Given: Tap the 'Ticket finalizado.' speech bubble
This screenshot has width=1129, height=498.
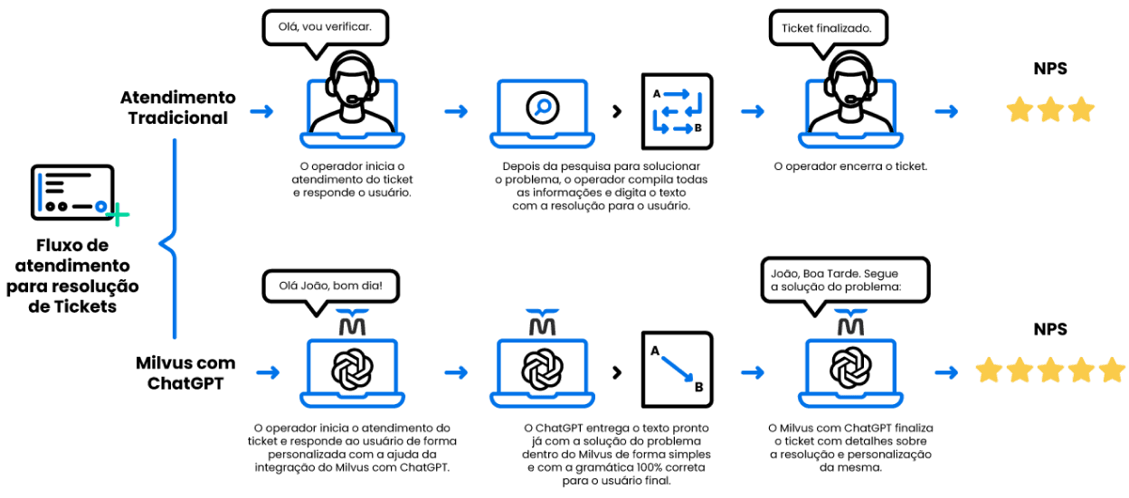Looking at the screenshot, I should [826, 28].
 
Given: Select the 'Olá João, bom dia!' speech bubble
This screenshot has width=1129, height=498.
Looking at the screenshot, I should [329, 287].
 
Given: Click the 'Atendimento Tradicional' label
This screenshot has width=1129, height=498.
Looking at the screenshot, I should [177, 108].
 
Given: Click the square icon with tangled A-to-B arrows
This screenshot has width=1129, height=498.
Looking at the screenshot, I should [677, 111].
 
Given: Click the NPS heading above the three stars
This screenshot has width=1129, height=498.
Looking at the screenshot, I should [1050, 70].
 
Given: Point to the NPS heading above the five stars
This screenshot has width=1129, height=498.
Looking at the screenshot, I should [1050, 331].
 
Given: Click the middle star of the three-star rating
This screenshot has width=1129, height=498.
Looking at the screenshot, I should [1050, 110].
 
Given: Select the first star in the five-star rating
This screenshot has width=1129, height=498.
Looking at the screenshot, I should [989, 370].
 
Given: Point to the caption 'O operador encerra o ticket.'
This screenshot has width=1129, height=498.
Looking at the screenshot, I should [849, 167].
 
